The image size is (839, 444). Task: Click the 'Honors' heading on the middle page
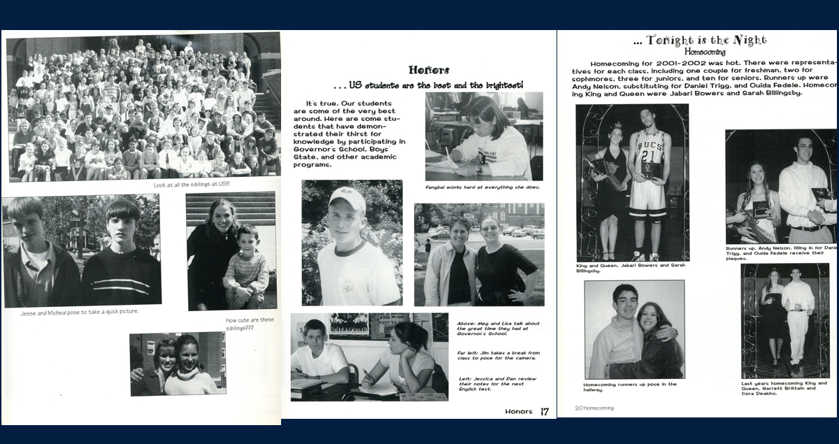[x=429, y=70]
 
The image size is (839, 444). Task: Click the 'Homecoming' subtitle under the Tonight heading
[x=705, y=52]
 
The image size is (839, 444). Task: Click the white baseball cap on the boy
[x=347, y=199]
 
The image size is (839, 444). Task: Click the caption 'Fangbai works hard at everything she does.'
[x=482, y=187]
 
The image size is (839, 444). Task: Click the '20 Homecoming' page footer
[x=594, y=408]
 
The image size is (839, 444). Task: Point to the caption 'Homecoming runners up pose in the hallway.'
[x=630, y=387]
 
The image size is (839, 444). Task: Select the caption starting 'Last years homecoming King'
[x=784, y=388]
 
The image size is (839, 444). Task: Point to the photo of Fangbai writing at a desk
[x=484, y=136]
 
